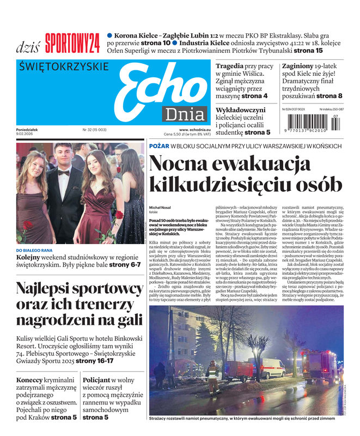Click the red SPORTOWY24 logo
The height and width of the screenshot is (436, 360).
coord(72,44)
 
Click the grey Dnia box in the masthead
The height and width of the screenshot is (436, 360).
coord(186,115)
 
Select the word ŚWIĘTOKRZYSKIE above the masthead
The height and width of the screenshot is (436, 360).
coord(64,67)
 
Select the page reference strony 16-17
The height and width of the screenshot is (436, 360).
coord(94,361)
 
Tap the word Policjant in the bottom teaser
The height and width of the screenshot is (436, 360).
coord(100,380)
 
